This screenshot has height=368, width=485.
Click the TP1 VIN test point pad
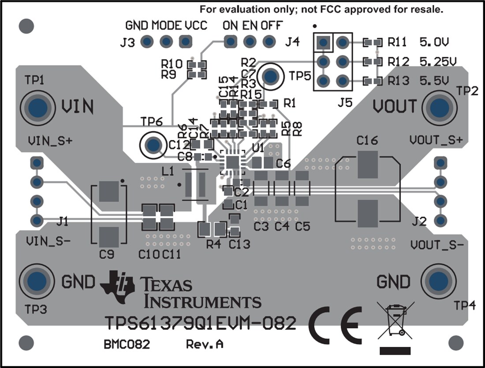coord(37,107)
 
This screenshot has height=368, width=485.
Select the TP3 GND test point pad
coord(37,281)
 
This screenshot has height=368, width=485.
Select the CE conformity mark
coord(335,326)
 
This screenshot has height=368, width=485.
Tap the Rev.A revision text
coord(204,344)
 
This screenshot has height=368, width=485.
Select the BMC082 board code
coord(127,344)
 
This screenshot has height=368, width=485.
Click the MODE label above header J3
coord(166,26)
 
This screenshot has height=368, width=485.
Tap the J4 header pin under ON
coord(230,42)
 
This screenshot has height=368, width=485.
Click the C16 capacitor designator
coord(367,141)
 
